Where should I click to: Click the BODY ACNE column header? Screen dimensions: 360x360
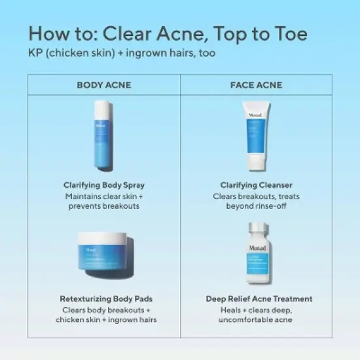[103, 85]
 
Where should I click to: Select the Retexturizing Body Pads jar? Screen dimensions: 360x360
[103, 259]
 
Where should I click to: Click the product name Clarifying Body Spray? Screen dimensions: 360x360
[103, 185]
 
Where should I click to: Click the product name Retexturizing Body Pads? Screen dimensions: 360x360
[103, 298]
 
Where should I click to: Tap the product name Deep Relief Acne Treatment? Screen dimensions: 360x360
[258, 298]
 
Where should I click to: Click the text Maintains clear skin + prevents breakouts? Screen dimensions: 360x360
[103, 201]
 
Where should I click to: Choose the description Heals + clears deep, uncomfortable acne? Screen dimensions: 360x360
[258, 314]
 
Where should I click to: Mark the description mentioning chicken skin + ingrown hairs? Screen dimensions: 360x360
[103, 314]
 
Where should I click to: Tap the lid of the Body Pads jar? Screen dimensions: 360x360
[103, 240]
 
